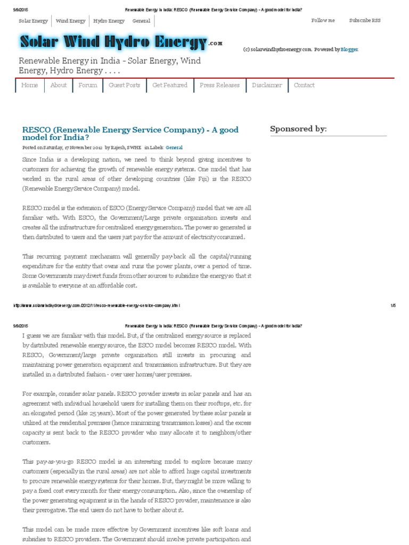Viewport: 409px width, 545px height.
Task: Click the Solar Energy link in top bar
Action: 33,21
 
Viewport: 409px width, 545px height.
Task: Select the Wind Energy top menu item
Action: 70,21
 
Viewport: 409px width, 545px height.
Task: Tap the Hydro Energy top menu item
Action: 109,21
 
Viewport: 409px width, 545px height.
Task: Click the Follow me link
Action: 323,20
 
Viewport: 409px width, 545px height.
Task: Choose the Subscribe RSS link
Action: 365,20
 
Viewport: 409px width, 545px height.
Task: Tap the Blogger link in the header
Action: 350,49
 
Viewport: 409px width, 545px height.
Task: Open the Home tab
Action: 30,85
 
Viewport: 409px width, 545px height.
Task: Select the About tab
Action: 59,85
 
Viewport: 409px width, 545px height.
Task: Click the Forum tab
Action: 88,85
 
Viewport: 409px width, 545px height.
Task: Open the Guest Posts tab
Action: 125,85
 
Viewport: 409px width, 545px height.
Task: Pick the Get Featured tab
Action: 170,85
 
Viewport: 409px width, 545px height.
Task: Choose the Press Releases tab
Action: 219,85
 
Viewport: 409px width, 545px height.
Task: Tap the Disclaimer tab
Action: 267,85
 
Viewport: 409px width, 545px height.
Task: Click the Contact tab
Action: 304,85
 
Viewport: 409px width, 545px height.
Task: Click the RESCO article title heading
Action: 130,133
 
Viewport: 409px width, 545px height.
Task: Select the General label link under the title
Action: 174,147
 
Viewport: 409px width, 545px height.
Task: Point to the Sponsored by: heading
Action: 298,129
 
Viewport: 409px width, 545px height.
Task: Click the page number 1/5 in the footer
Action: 393,305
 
